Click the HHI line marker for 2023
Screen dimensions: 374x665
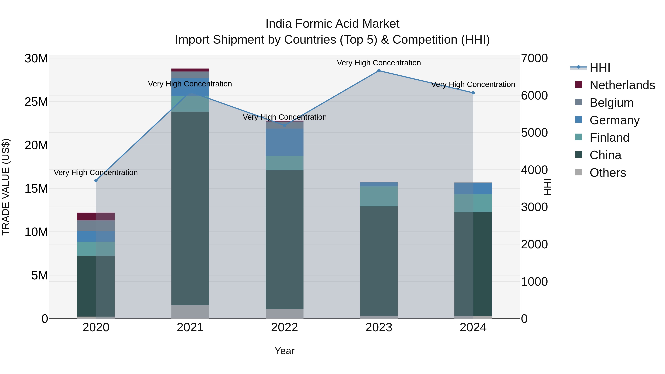point(379,71)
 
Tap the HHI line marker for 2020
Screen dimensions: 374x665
point(96,180)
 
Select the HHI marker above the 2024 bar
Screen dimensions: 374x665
point(473,93)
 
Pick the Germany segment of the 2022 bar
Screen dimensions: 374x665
point(284,142)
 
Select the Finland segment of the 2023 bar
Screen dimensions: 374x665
point(379,196)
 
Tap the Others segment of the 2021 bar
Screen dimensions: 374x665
point(190,312)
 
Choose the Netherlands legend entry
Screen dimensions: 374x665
point(622,85)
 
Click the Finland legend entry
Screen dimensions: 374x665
point(609,138)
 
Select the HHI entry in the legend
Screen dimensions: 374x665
point(600,68)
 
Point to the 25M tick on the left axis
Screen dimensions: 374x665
point(36,102)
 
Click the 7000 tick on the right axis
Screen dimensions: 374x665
point(534,58)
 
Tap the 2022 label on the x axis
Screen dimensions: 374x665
point(284,327)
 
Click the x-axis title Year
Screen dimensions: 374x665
point(284,351)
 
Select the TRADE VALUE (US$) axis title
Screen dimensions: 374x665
point(6,187)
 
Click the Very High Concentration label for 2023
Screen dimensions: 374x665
point(379,63)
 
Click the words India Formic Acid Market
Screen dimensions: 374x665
point(332,24)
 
